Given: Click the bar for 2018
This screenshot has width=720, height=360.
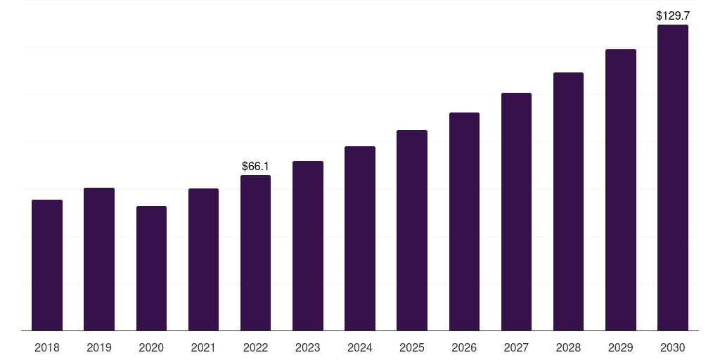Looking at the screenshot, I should pos(47,265).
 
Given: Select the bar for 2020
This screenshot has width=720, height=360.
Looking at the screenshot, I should pos(151,268).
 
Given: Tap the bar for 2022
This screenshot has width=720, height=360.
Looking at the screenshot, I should pos(255,252).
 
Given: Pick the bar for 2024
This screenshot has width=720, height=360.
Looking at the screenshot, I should pos(360,238).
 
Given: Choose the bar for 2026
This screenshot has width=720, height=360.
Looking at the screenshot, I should pos(464,221).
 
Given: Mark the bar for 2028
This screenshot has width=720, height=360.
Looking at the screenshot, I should pos(568,201).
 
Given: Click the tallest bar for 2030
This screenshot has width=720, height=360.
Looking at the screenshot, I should pos(672,177).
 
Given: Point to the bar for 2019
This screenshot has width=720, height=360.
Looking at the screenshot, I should pos(99,259).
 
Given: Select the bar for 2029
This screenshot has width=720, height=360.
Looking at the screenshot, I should pos(620,190).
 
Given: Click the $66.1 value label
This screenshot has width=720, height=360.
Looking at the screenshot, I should pos(255,167).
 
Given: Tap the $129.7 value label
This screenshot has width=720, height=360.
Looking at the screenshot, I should pos(672,15).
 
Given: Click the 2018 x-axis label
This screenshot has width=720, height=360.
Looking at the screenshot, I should pos(47,347).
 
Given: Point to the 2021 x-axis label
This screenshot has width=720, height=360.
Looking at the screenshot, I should pos(203,347).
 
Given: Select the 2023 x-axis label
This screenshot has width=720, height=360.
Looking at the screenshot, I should pos(307,347).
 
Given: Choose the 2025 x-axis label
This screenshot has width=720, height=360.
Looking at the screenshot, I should pos(412,347).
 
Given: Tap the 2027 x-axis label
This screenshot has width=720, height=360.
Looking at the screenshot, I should pos(516,347).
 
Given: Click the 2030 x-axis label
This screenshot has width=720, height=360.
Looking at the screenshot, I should pos(672,347).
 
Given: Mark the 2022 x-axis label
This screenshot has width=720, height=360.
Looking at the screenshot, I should pos(255,347).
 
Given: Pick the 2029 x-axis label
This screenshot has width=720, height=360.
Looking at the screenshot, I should pos(620,347).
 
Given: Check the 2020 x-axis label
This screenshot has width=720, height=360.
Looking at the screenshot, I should pos(151,347).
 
